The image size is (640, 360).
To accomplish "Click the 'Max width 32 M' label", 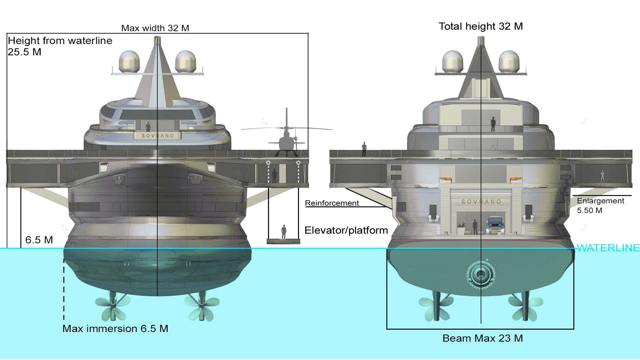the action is [155, 28].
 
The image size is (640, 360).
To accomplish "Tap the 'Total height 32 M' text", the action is [481, 26].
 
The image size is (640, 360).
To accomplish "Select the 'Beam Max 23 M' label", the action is [482, 338].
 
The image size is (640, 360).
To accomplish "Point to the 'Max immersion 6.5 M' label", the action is [115, 329].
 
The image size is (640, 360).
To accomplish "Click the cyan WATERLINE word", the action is [608, 248].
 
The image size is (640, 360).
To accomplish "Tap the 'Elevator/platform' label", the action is [346, 230].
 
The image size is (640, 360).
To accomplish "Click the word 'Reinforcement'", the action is [332, 203].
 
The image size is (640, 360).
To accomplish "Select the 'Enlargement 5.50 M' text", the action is [600, 206].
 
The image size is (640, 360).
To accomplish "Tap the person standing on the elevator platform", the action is [284, 232].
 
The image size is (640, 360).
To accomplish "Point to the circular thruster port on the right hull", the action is [481, 275].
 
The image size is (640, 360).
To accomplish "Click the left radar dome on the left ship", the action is [129, 62].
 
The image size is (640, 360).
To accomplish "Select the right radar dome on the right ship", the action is [509, 62].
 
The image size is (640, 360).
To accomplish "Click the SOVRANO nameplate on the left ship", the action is [158, 136].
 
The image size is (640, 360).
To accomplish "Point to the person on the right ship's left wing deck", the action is [364, 149].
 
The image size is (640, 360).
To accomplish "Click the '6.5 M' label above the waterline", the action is [39, 240].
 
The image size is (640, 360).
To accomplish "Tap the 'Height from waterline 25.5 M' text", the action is [60, 46].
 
